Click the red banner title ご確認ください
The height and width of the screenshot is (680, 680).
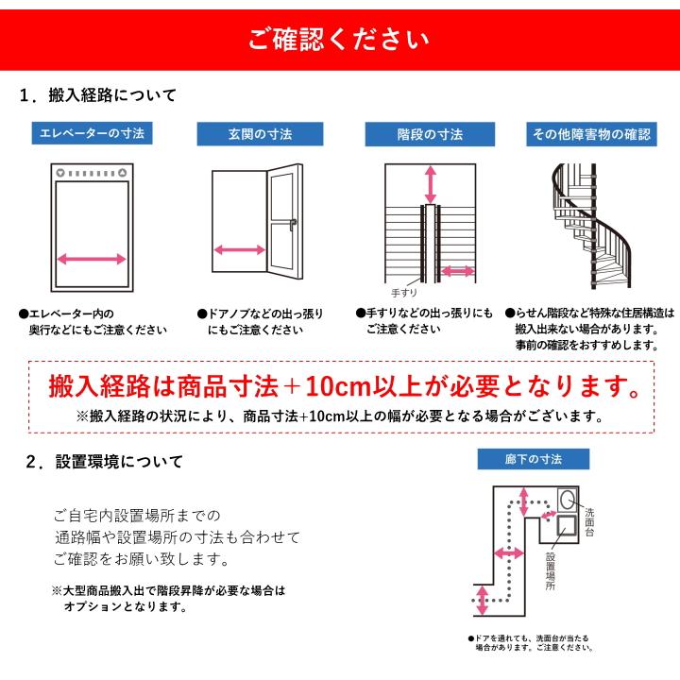[339, 39]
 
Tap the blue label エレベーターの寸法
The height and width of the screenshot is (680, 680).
[92, 133]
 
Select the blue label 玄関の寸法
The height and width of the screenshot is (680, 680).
[253, 134]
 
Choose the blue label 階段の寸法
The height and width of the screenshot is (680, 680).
[430, 134]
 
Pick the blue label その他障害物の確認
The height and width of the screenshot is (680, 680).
[591, 134]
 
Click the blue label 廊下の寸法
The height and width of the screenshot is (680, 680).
[534, 459]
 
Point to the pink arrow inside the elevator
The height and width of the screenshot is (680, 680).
[92, 259]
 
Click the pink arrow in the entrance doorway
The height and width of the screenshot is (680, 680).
[239, 250]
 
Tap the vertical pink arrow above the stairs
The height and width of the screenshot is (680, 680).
[431, 181]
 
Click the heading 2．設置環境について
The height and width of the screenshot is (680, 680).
[104, 462]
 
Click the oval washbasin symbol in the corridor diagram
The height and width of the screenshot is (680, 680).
[568, 499]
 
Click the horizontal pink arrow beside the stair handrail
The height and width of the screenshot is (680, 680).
[458, 272]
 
